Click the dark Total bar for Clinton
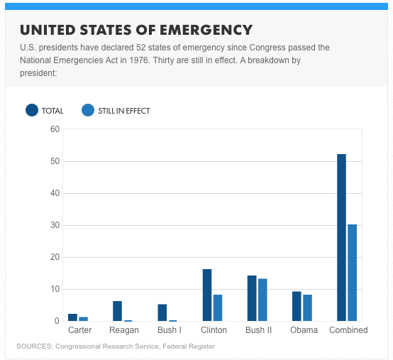click(x=207, y=295)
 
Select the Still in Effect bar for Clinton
click(x=218, y=308)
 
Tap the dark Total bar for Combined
click(x=342, y=238)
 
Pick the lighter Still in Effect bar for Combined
click(x=352, y=273)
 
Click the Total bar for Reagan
click(x=117, y=311)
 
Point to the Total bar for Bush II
click(x=252, y=298)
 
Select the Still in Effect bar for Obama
click(x=308, y=308)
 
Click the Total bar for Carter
click(x=72, y=317)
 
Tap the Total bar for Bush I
click(x=162, y=312)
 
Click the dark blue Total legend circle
click(x=32, y=110)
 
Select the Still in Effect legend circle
click(x=88, y=110)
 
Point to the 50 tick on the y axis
click(x=55, y=161)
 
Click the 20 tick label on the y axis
click(x=55, y=257)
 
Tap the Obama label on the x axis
click(x=304, y=330)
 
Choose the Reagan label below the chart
click(x=124, y=330)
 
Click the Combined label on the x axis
click(x=348, y=330)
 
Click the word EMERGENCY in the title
click(x=206, y=30)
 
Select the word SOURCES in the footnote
click(x=35, y=347)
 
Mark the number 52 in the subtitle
click(x=141, y=48)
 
